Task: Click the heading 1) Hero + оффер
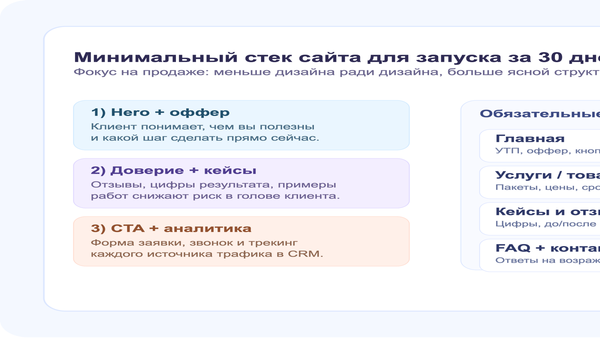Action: point(160,112)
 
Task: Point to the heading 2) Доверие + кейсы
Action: point(173,170)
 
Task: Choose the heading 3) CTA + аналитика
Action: point(171,228)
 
